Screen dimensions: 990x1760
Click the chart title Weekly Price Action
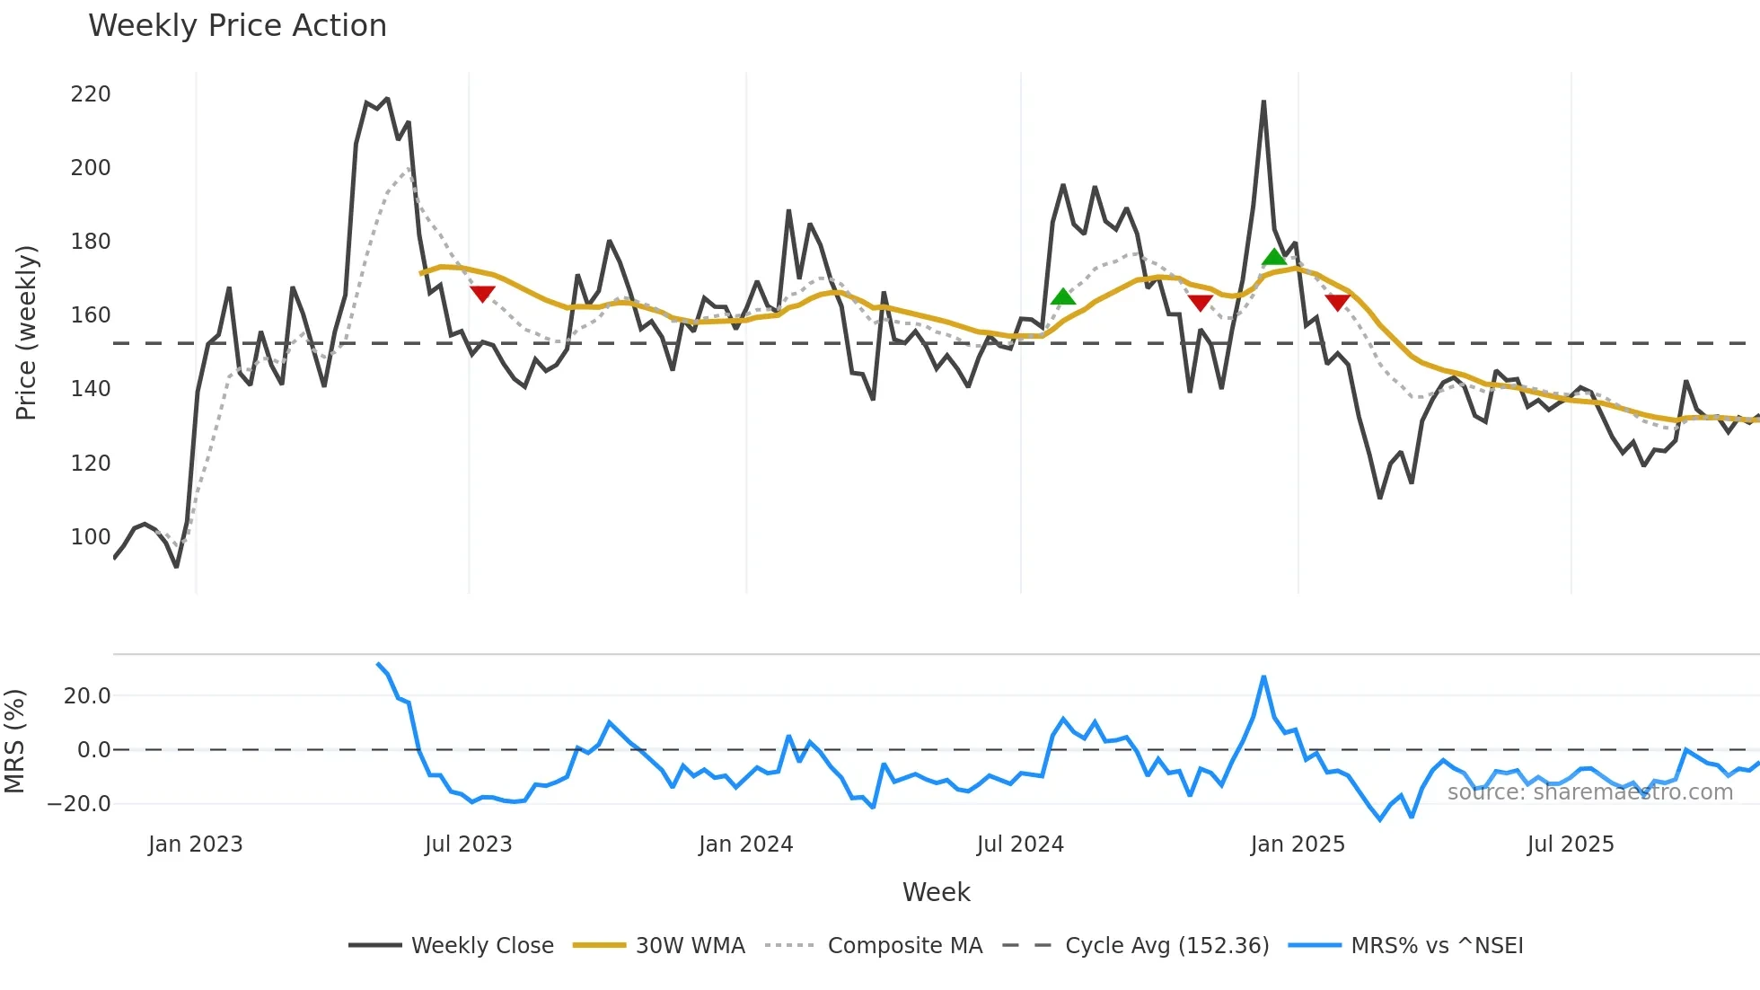pyautogui.click(x=237, y=26)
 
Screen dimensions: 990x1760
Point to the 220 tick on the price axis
pyautogui.click(x=91, y=94)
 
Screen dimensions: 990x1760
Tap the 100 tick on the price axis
pyautogui.click(x=91, y=537)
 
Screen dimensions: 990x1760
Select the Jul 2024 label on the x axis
pyautogui.click(x=1020, y=844)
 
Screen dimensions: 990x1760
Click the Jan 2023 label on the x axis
pyautogui.click(x=196, y=844)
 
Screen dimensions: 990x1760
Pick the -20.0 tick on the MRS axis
pyautogui.click(x=79, y=804)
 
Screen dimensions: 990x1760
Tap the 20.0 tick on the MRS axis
pyautogui.click(x=87, y=696)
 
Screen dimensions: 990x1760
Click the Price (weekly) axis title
pyautogui.click(x=26, y=332)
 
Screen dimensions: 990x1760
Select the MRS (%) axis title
pyautogui.click(x=14, y=741)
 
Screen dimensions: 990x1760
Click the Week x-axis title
pyautogui.click(x=936, y=892)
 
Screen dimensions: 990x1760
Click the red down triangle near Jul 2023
pyautogui.click(x=482, y=294)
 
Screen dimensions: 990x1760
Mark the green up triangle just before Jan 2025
pyautogui.click(x=1274, y=258)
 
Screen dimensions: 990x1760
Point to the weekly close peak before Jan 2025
pyautogui.click(x=1263, y=102)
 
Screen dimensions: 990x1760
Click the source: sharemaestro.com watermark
pyautogui.click(x=1589, y=792)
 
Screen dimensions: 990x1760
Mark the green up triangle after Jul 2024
pyautogui.click(x=1063, y=296)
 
